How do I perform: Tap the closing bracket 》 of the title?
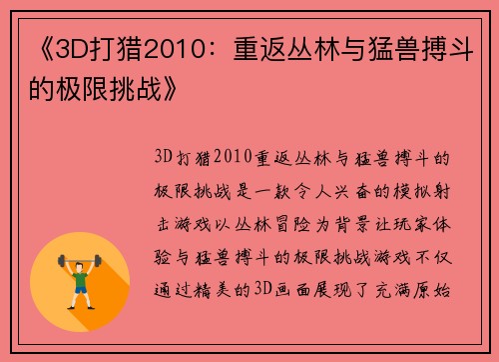coord(171,92)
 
